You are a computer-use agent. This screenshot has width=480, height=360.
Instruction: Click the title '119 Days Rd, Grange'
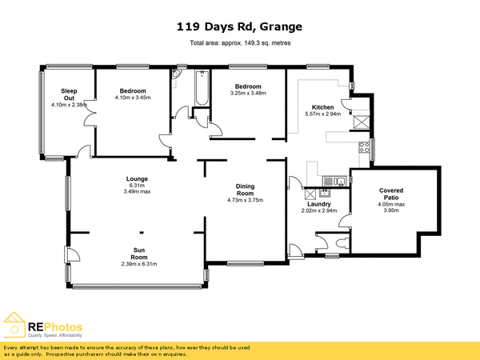(239, 26)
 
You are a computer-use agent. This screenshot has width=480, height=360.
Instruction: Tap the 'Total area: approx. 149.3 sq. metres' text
(239, 43)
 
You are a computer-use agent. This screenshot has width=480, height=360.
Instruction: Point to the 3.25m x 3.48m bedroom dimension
(247, 93)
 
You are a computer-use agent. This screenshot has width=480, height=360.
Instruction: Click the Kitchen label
(323, 107)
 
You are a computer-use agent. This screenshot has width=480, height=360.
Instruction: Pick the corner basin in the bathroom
(176, 76)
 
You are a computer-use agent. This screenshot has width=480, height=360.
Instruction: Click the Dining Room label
(245, 190)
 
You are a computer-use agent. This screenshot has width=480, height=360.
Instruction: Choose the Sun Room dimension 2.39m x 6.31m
(138, 264)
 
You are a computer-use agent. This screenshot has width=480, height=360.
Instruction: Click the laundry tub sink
(325, 193)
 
